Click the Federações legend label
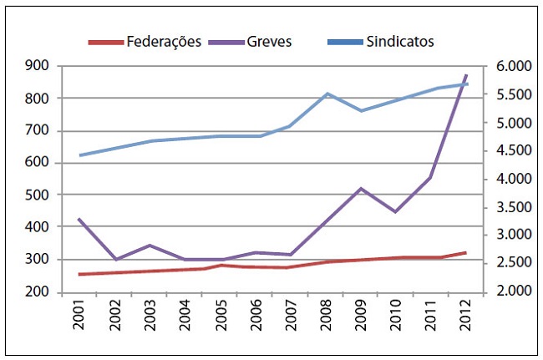click(163, 42)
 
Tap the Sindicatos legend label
click(400, 42)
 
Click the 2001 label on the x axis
click(80, 321)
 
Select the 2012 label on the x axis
click(465, 321)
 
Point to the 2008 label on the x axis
click(325, 321)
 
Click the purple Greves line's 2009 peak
click(361, 189)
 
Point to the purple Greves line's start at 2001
click(80, 220)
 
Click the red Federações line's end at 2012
click(466, 252)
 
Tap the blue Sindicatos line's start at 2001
click(80, 155)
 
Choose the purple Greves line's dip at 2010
click(396, 212)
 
